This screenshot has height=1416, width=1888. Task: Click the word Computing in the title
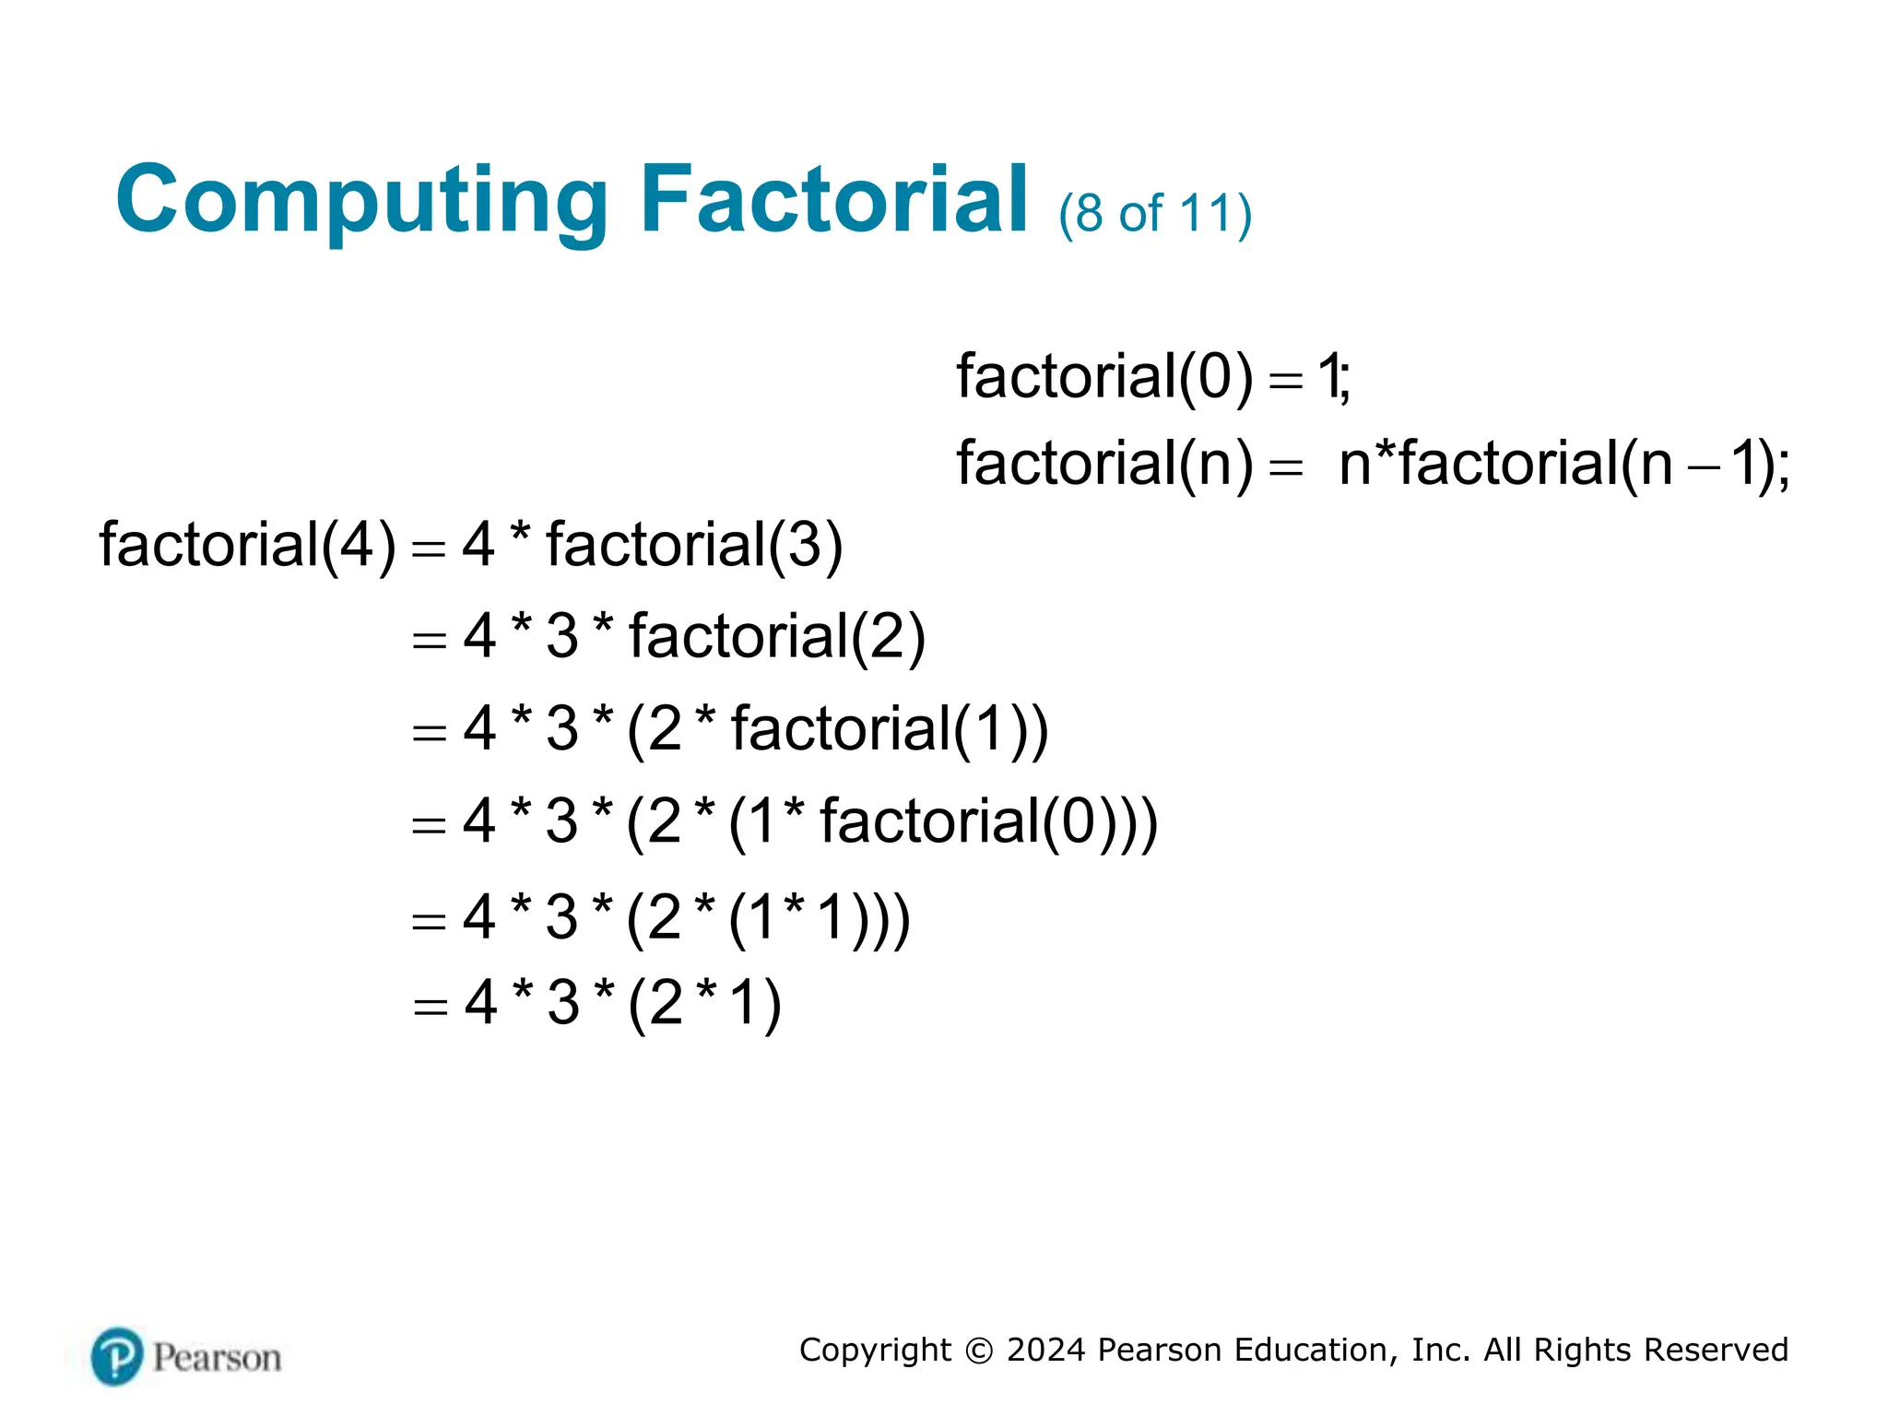point(361,200)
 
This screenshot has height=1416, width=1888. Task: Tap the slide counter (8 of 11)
point(1155,214)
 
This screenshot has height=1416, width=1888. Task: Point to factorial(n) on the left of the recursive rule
point(1104,463)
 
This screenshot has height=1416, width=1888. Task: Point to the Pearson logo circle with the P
point(117,1357)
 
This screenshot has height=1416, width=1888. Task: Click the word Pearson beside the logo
point(217,1358)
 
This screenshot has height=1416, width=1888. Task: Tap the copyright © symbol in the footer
point(979,1351)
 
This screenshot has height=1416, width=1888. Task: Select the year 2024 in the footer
point(1045,1350)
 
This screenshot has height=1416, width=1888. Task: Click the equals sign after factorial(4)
point(429,549)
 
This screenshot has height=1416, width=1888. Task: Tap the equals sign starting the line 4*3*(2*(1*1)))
point(429,920)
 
